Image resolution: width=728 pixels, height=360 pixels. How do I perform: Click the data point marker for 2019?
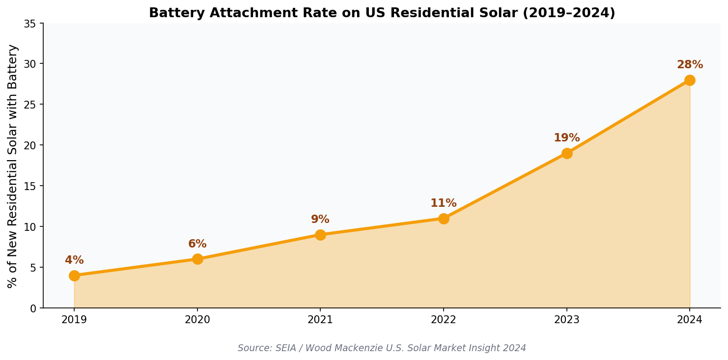point(74,276)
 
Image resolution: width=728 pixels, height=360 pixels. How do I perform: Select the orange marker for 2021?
point(320,235)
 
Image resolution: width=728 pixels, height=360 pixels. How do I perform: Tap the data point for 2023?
point(567,153)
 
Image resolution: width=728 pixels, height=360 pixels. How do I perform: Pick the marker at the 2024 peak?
point(690,80)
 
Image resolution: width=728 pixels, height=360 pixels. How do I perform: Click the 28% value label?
point(690,65)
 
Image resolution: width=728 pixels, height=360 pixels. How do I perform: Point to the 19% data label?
point(566,138)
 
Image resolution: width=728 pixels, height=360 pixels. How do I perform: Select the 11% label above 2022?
point(443,203)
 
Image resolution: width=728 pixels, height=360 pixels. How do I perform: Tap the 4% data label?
point(74,260)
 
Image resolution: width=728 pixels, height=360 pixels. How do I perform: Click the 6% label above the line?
point(197,244)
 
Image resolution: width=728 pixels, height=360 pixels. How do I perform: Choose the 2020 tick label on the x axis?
point(197,320)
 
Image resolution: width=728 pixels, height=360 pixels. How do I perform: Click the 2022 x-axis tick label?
point(443,320)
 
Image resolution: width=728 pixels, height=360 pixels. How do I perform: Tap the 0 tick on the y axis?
point(33,308)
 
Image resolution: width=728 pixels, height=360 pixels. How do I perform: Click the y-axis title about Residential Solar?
point(13,166)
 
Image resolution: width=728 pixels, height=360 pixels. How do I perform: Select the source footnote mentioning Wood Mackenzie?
point(382,348)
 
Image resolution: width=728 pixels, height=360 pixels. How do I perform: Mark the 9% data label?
point(320,220)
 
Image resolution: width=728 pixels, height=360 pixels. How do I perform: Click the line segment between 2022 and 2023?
point(505,186)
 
